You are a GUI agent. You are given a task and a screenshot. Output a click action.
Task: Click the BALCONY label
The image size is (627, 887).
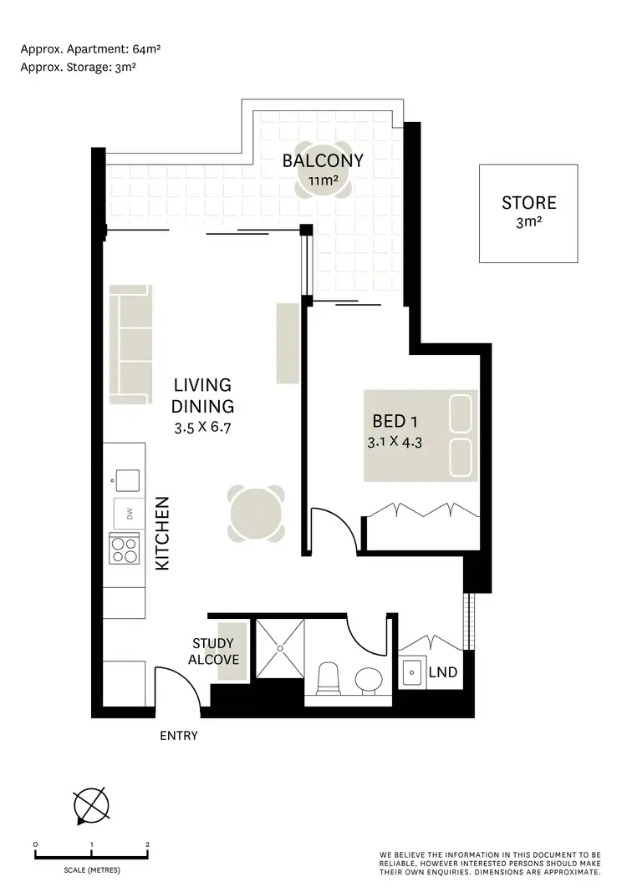(323, 160)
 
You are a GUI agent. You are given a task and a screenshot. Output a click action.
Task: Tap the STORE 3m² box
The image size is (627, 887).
(528, 212)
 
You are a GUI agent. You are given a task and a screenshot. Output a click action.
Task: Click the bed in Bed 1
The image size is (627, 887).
(420, 435)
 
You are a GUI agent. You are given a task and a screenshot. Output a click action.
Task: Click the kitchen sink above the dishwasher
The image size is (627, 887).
(128, 479)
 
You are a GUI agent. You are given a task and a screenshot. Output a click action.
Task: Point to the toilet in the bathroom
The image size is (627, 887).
(329, 677)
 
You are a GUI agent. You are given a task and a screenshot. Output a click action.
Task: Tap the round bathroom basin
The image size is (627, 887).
(366, 681)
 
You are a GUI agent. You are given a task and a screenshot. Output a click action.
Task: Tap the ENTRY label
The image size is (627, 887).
(178, 736)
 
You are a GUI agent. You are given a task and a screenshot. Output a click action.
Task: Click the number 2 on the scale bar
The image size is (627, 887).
(147, 844)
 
